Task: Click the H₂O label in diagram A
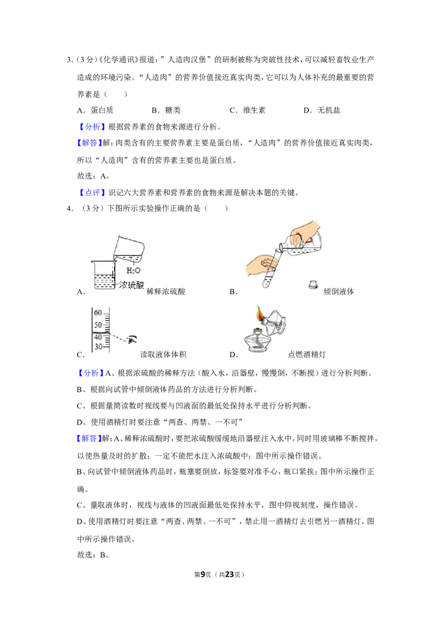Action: click(x=133, y=271)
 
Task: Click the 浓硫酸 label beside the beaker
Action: click(x=131, y=285)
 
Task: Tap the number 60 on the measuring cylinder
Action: click(x=98, y=313)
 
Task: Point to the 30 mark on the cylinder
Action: click(x=98, y=347)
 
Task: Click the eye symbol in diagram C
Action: click(x=132, y=340)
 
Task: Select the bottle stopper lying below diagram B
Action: click(x=313, y=284)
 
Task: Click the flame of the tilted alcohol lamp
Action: click(x=260, y=313)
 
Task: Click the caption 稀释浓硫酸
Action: click(x=166, y=292)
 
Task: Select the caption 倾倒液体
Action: click(x=338, y=292)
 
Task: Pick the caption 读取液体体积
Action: click(x=163, y=354)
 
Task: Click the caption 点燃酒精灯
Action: click(x=307, y=354)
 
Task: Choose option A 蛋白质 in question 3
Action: click(x=95, y=110)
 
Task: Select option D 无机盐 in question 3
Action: click(x=322, y=110)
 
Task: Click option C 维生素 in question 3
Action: click(x=248, y=110)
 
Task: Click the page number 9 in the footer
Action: click(x=203, y=574)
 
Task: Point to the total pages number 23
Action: click(x=229, y=574)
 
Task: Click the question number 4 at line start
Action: click(x=69, y=208)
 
